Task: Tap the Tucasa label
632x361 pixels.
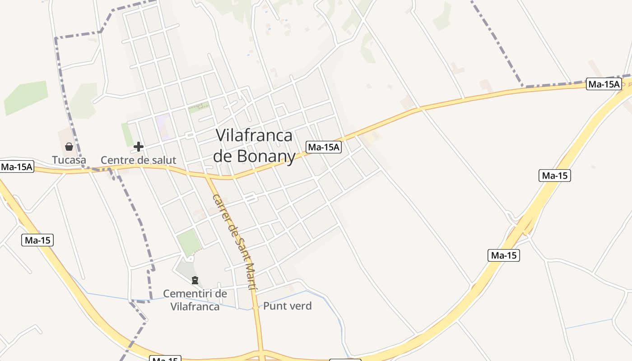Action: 69,160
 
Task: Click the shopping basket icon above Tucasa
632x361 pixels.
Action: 69,147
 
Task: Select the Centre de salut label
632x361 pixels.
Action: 138,160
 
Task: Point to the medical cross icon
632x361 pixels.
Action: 139,147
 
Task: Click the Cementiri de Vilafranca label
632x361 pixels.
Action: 195,300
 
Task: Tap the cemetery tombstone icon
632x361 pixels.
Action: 195,281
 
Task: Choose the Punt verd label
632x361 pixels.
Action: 287,306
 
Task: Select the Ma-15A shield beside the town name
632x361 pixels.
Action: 324,147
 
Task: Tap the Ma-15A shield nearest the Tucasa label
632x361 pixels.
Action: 17,167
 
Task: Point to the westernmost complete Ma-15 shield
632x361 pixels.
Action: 37,240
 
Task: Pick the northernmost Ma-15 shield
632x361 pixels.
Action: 555,176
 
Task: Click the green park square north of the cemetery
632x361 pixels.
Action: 188,242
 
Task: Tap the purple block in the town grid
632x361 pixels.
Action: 163,127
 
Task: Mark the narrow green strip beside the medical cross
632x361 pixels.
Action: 126,134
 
